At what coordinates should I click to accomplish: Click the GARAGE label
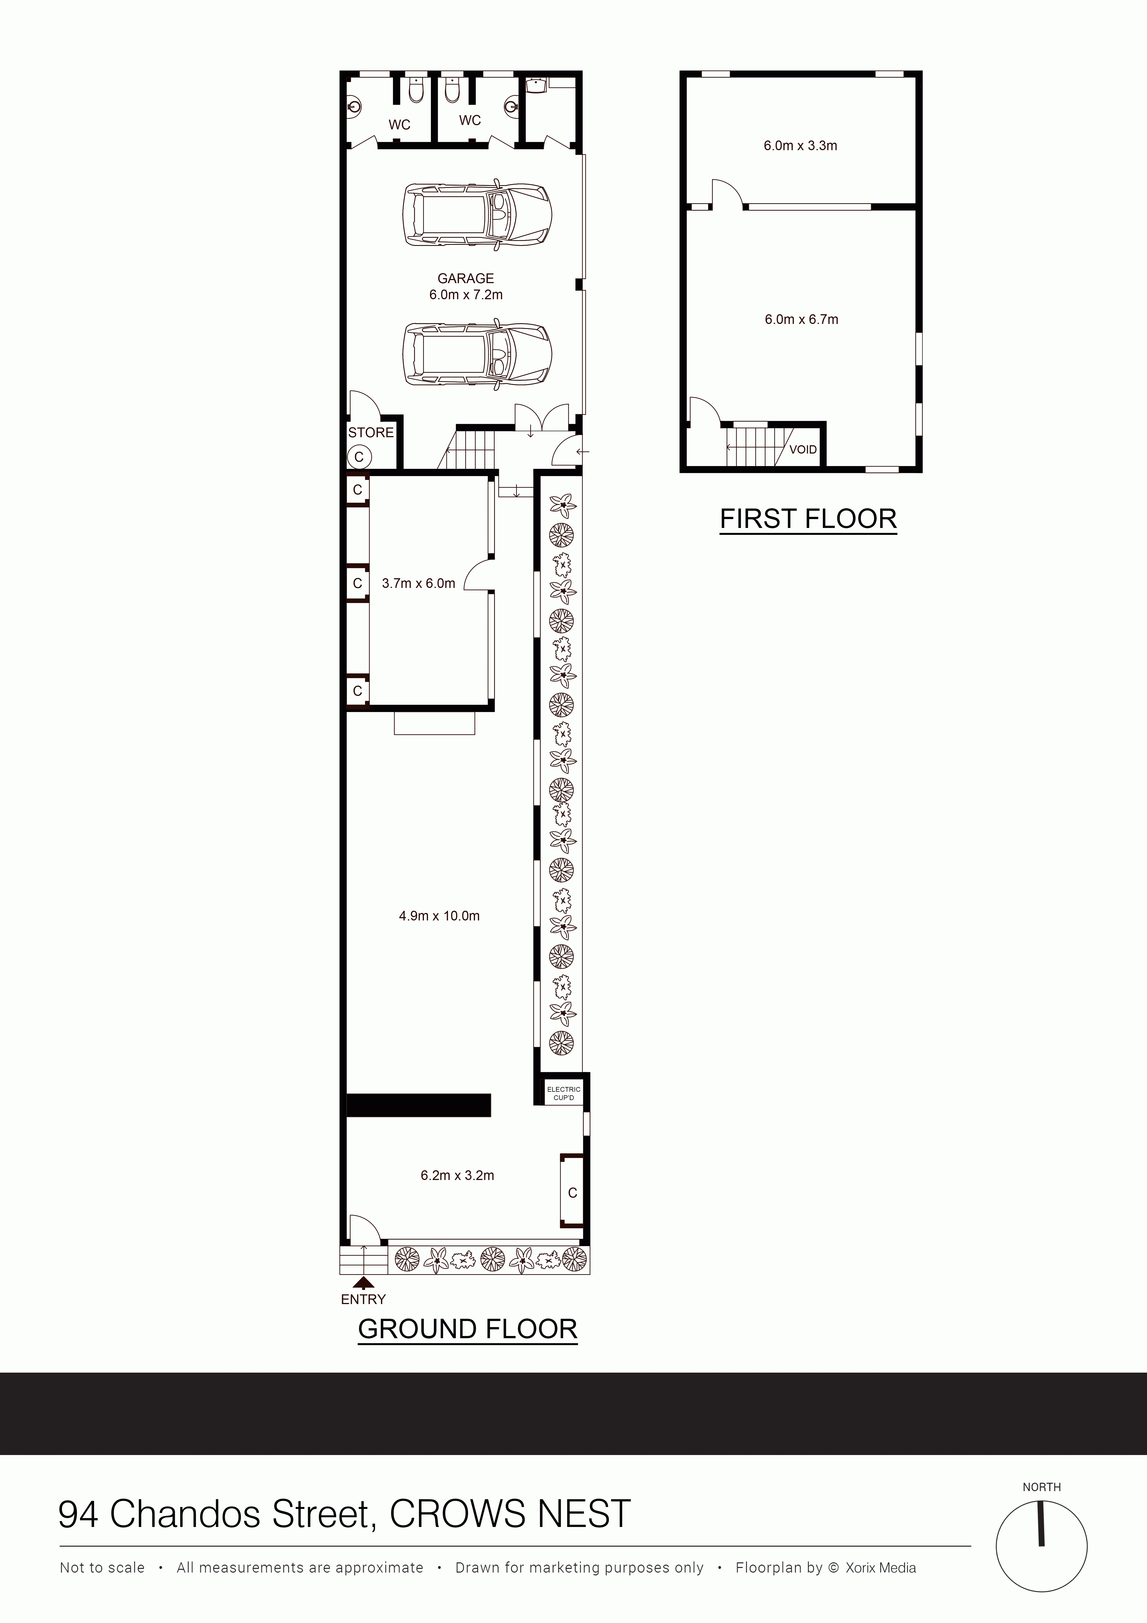tap(466, 278)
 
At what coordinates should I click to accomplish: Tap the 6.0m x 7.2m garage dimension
tap(466, 295)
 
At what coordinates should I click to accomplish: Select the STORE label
tap(371, 433)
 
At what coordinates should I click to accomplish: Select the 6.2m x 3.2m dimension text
tap(457, 1176)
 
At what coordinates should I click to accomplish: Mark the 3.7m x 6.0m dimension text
tap(418, 583)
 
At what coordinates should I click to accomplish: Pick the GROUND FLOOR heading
tap(468, 1329)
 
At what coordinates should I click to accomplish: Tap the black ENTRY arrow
tap(363, 1283)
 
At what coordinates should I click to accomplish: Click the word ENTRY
tap(363, 1299)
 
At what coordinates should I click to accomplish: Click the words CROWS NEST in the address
tap(510, 1514)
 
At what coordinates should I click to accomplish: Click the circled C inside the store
tap(359, 457)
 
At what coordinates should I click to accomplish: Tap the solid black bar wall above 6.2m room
tap(419, 1105)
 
